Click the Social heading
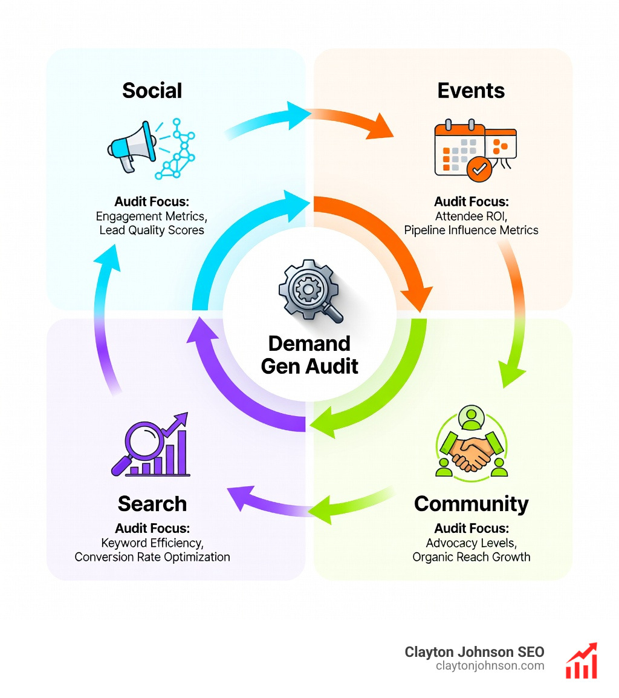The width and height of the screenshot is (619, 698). pyautogui.click(x=152, y=91)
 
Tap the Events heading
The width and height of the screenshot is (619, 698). pyautogui.click(x=471, y=91)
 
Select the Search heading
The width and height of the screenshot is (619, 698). pyautogui.click(x=152, y=503)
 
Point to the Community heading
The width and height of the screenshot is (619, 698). pyautogui.click(x=471, y=503)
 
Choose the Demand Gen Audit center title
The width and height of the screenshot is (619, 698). pyautogui.click(x=309, y=354)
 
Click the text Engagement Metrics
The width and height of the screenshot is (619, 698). pyautogui.click(x=152, y=216)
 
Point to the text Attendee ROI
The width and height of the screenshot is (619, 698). pyautogui.click(x=471, y=216)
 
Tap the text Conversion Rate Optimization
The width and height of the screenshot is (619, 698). pyautogui.click(x=152, y=556)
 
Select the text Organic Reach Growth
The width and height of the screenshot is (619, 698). pyautogui.click(x=471, y=556)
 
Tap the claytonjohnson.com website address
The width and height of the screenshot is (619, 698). pyautogui.click(x=490, y=666)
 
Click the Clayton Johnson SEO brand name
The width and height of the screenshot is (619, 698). pyautogui.click(x=474, y=652)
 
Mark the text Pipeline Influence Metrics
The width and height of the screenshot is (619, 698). pyautogui.click(x=471, y=230)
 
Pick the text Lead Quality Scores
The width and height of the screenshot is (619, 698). pyautogui.click(x=152, y=230)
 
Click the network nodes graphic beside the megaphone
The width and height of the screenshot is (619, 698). pyautogui.click(x=176, y=149)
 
